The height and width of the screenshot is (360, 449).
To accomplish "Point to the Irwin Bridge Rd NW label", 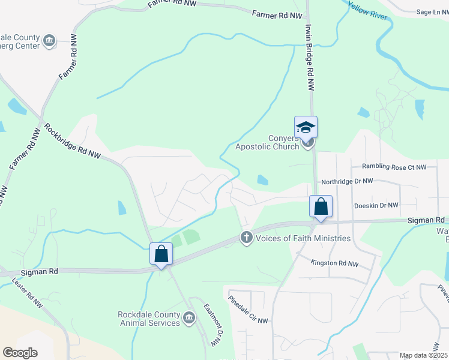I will coord(310,58).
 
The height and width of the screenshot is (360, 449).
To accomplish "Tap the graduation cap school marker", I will coord(306,127).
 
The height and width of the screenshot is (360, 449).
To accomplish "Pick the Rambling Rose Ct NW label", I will coord(393,167).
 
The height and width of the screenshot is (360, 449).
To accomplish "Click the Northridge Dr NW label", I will coord(348,181).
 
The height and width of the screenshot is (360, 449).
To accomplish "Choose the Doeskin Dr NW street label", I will coord(376,205).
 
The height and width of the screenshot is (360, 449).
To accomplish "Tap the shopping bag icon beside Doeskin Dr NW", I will coord(321,207).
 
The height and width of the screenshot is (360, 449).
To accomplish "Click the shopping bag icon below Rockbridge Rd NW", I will coord(161,254).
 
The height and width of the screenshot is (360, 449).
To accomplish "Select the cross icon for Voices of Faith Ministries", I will coord(246,238).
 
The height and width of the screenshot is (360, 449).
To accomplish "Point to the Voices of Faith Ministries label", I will coord(303,238).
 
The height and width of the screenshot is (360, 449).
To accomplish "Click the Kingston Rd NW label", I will coord(334,263).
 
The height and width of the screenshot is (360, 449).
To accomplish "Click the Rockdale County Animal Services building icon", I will coord(190,317).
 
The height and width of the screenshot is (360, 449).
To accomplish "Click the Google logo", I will coord(20,353).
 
